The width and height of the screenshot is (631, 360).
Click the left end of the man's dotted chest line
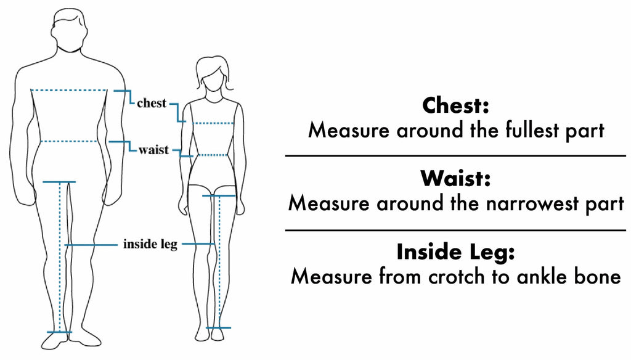click(x=31, y=90)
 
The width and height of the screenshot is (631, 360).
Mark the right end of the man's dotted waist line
click(x=97, y=141)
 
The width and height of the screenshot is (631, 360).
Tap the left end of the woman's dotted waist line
click(x=198, y=155)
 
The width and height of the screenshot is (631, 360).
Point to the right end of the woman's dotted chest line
click(x=233, y=123)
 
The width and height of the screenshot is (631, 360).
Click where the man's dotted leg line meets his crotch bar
click(x=60, y=182)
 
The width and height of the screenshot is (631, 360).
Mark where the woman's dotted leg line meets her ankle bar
click(x=219, y=328)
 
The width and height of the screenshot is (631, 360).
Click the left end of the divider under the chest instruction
click(x=286, y=155)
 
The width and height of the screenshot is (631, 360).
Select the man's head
click(x=69, y=30)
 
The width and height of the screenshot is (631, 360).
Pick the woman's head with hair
click(x=213, y=75)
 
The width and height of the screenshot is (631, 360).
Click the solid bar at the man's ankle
click(x=60, y=332)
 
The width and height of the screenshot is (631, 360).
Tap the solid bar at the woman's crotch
click(x=219, y=196)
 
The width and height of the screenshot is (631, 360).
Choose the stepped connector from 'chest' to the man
click(x=124, y=97)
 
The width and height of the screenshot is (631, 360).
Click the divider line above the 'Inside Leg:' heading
click(x=455, y=231)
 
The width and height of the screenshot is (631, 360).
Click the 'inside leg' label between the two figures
click(x=150, y=244)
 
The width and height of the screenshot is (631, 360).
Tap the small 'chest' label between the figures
click(x=152, y=103)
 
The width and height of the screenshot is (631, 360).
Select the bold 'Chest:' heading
click(x=455, y=105)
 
